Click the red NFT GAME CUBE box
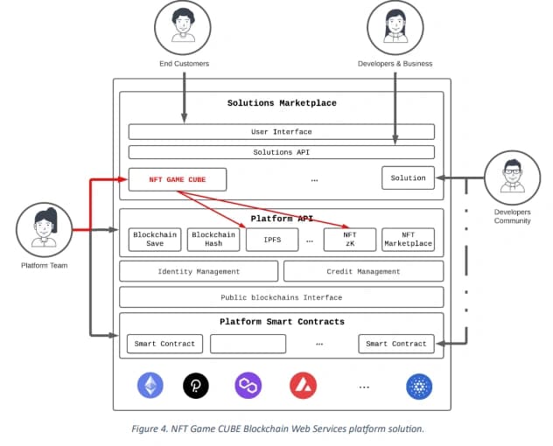click(178, 179)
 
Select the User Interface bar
click(282, 132)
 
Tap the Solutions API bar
click(282, 152)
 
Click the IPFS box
click(272, 240)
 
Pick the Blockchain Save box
click(155, 240)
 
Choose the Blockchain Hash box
click(213, 240)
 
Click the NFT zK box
click(350, 240)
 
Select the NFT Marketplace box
click(408, 240)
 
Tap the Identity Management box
click(199, 271)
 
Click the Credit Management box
click(364, 271)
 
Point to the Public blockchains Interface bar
click(282, 297)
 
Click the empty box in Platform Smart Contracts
click(248, 344)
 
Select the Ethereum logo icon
click(150, 386)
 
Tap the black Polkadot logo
click(196, 386)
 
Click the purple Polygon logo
click(248, 386)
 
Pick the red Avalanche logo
click(303, 386)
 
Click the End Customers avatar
click(183, 27)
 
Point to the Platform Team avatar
click(45, 229)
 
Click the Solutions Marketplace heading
click(282, 103)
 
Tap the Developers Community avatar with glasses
click(513, 178)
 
